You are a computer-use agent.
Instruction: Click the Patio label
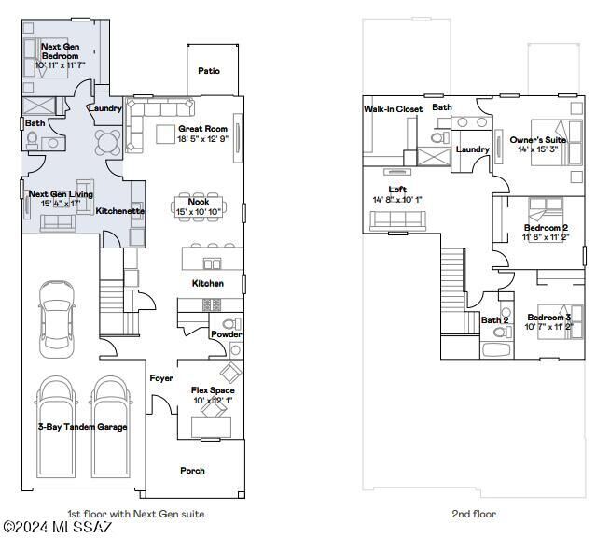tap(209, 71)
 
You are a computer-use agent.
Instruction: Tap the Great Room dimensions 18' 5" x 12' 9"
tap(203, 138)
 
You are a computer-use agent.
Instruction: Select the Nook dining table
tap(199, 206)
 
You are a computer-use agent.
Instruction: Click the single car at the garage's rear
tap(57, 319)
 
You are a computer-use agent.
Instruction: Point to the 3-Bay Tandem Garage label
tap(82, 427)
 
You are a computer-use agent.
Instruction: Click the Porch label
tap(192, 471)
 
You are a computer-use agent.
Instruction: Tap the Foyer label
tap(161, 378)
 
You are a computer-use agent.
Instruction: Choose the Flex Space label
tap(213, 389)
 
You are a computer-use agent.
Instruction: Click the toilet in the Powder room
tap(231, 324)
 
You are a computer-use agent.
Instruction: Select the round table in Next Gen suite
tap(108, 142)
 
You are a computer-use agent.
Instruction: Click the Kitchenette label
tap(120, 211)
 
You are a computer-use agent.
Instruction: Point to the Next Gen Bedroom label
tap(61, 51)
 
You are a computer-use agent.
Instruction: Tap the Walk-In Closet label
tap(393, 109)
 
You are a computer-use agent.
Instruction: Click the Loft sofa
tap(397, 220)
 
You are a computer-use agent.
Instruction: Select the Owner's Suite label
tap(538, 139)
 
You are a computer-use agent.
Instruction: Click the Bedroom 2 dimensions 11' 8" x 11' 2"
tap(546, 237)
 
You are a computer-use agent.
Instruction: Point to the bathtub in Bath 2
tap(496, 350)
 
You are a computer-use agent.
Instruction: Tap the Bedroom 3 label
tap(549, 318)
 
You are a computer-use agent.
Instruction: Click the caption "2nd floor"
tap(474, 514)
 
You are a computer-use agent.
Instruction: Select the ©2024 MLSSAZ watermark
tap(58, 527)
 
